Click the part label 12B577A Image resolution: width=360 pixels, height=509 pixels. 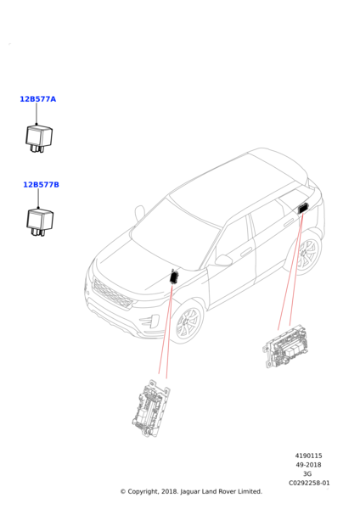click(37, 99)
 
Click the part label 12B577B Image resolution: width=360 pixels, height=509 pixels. click(41, 185)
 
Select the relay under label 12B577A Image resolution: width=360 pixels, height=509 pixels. click(39, 138)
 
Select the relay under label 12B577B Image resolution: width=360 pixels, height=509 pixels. click(40, 222)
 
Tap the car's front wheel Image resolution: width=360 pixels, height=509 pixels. click(188, 322)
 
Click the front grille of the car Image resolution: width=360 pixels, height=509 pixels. click(112, 294)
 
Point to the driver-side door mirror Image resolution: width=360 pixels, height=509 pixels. click(223, 260)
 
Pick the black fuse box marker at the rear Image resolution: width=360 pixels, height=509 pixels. click(303, 208)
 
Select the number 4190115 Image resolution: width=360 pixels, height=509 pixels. click(308, 456)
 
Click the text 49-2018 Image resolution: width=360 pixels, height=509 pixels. click(308, 465)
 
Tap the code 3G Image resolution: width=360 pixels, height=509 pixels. click(307, 474)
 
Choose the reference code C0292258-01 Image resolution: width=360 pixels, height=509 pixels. click(309, 483)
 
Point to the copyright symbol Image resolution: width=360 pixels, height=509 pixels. click(123, 492)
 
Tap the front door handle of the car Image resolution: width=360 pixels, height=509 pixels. click(246, 252)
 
